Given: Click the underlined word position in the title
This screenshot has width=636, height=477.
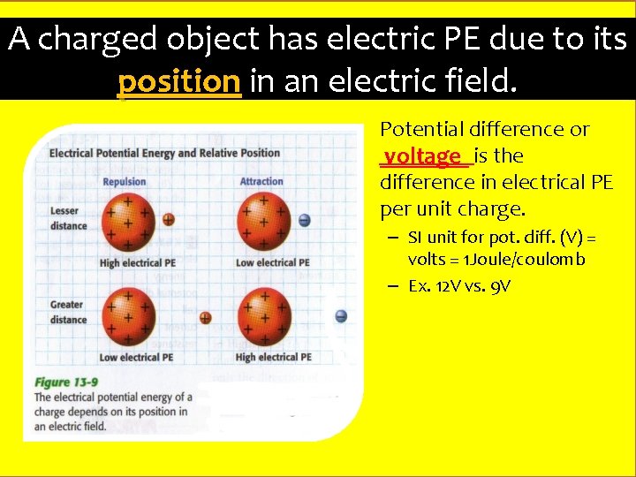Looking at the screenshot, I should click(179, 82).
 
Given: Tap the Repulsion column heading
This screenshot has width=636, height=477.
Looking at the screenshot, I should click(124, 182).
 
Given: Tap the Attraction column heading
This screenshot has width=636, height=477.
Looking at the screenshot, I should click(261, 182).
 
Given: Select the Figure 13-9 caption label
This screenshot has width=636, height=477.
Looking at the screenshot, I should click(65, 382).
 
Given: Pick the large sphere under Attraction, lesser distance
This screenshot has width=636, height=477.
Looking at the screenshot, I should click(264, 220).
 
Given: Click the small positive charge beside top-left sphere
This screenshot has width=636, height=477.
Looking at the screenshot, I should click(168, 219).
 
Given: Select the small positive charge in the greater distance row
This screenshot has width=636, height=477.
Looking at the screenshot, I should click(205, 317).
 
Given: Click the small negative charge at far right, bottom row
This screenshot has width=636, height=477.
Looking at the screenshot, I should click(341, 316).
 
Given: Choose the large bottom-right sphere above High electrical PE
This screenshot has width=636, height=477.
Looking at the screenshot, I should click(264, 316).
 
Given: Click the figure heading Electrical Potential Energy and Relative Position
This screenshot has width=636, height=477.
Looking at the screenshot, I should click(164, 153).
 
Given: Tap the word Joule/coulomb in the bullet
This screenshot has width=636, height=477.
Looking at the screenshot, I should click(530, 260).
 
